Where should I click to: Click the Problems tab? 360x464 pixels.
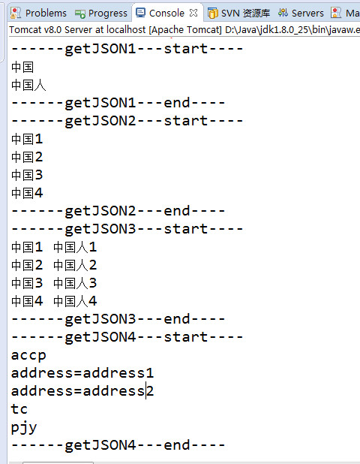click(38, 13)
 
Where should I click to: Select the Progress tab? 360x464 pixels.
click(101, 13)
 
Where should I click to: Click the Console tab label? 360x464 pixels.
click(166, 13)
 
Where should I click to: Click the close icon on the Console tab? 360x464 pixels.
click(193, 13)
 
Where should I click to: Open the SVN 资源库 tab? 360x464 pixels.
click(238, 13)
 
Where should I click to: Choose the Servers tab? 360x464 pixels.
click(301, 13)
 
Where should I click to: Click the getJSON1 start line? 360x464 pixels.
click(127, 49)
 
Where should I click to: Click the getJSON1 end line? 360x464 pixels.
click(118, 103)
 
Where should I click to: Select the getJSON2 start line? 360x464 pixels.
click(127, 121)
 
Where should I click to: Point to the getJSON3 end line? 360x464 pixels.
click(118, 319)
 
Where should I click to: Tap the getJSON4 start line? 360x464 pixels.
click(127, 337)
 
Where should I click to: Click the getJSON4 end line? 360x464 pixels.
click(118, 445)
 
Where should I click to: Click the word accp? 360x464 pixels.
click(28, 356)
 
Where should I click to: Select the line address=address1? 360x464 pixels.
click(82, 373)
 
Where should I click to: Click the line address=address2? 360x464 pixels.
click(82, 391)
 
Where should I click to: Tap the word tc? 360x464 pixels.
click(19, 409)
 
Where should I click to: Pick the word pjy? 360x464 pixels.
click(24, 428)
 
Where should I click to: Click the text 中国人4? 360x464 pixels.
click(75, 301)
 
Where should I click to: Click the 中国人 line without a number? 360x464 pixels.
click(28, 86)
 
